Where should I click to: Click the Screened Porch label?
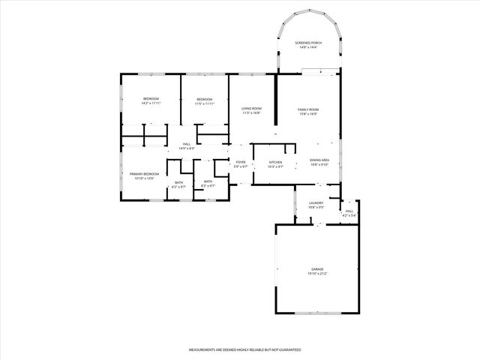[308, 43]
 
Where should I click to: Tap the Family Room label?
[308, 109]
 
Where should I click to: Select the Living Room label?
[251, 109]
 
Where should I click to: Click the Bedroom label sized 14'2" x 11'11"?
[151, 99]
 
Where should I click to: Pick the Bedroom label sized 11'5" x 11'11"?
[205, 99]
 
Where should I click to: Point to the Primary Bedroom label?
[144, 173]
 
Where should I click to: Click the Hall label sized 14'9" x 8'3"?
[187, 144]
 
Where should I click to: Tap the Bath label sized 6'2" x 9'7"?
[179, 182]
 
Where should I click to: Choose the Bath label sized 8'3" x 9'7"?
[208, 181]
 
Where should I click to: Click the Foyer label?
[241, 162]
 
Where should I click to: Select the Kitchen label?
[276, 162]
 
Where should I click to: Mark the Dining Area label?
[319, 160]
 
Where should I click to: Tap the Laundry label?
[316, 203]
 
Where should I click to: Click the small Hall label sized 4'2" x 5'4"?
[349, 211]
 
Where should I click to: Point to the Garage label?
[318, 268]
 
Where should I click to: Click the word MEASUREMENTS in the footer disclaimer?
[203, 350]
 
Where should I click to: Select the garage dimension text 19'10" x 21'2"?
[318, 274]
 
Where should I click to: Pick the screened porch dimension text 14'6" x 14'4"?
[308, 48]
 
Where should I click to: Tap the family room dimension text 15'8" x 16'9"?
[308, 114]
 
